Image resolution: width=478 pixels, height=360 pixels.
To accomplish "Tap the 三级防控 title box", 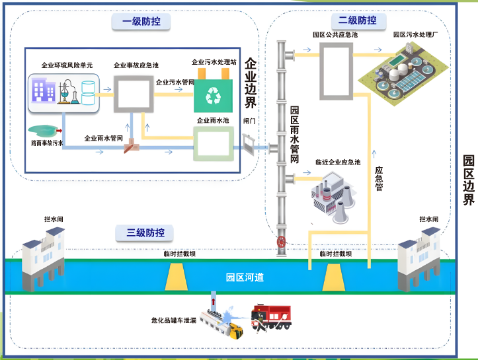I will [145, 233].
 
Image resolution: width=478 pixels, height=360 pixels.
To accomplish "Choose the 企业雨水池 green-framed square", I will [213, 145].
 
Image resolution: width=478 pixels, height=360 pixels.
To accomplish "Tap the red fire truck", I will [270, 316].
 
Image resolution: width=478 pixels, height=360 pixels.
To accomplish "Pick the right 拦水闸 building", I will [418, 257].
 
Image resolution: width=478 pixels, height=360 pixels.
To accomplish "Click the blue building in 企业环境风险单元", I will [44, 92].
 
